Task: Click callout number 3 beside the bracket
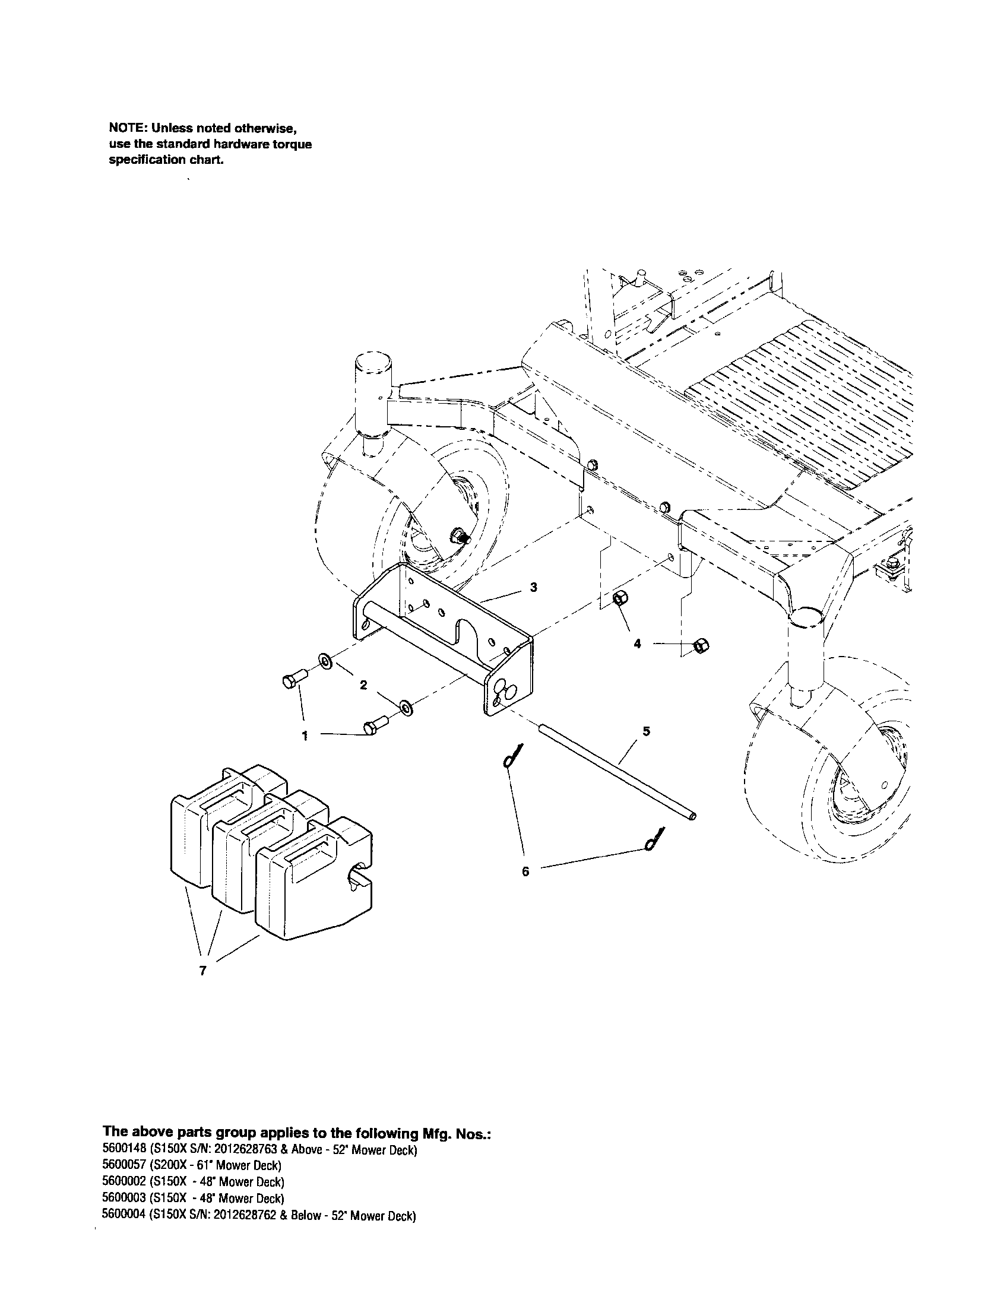click(533, 587)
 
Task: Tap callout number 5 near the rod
click(646, 731)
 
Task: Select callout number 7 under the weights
click(202, 971)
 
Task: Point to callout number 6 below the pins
click(525, 871)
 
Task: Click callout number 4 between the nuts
click(638, 644)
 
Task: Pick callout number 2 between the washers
click(363, 685)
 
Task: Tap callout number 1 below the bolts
click(305, 736)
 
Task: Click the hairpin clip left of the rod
click(512, 756)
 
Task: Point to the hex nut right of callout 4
click(699, 646)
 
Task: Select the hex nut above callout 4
click(620, 598)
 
